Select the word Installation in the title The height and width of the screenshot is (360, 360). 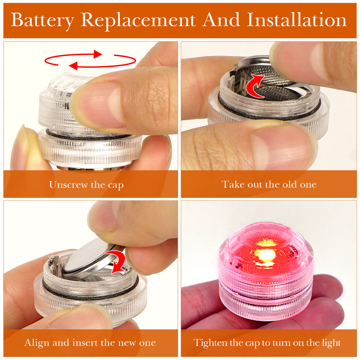(x=296, y=20)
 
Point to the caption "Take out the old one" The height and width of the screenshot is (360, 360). (x=269, y=184)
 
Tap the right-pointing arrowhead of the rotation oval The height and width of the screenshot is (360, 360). (x=98, y=54)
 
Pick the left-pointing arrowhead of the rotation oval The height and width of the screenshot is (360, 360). (x=73, y=66)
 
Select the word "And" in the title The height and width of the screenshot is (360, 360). (x=221, y=20)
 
